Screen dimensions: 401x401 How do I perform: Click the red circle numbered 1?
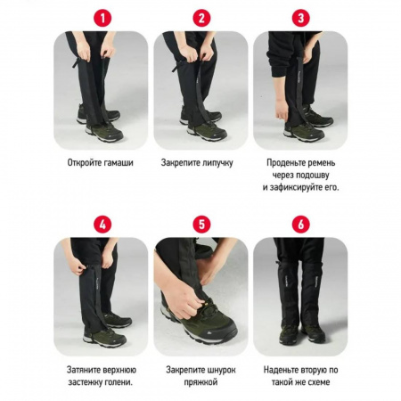102,18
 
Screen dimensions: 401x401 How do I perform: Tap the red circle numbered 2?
201,18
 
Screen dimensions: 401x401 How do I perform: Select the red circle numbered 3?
301,18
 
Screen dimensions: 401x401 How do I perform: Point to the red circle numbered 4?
102,225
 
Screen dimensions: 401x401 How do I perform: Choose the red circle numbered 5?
201,225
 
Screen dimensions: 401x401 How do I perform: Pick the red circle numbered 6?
301,225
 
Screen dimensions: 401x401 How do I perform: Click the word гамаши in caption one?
119,163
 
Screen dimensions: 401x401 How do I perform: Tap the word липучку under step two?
217,163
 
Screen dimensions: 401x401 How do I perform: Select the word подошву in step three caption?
315,176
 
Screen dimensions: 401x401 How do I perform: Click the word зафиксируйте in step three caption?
295,188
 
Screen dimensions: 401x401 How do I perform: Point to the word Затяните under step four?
83,370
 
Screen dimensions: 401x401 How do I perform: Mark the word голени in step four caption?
120,382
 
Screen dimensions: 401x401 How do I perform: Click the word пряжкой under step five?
200,382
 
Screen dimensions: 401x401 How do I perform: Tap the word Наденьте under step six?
281,370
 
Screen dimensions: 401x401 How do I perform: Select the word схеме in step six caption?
318,382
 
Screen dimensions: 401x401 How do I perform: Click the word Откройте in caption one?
85,163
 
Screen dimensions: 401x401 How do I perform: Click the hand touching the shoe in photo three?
282,110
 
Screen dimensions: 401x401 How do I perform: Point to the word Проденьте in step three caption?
284,163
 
